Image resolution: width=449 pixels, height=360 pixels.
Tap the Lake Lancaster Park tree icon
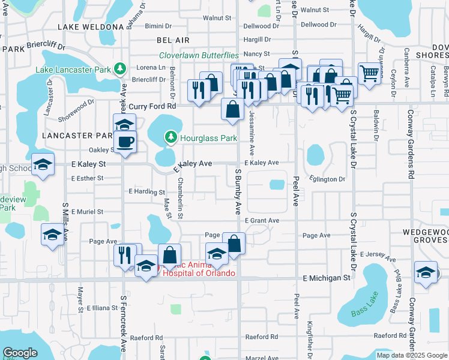[120, 69]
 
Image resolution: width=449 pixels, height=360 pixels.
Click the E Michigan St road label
[327, 278]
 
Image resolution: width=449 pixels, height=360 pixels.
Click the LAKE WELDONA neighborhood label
[91, 27]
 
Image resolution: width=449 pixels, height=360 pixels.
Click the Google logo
[20, 353]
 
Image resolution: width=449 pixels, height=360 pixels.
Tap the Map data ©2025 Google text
[412, 355]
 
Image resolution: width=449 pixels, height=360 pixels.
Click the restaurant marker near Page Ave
[124, 254]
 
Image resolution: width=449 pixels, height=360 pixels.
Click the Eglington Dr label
[328, 179]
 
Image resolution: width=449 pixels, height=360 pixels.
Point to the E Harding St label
[147, 192]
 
